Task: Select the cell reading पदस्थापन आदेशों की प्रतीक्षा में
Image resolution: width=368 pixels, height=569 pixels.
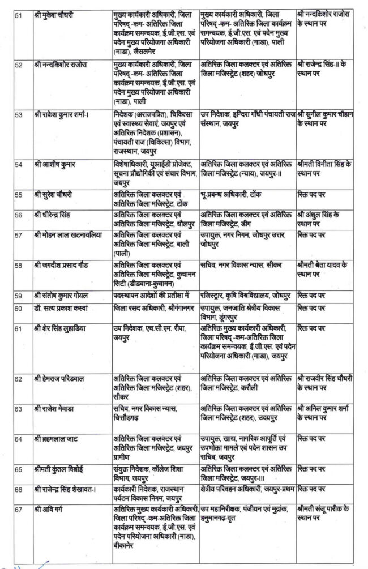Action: click(151, 295)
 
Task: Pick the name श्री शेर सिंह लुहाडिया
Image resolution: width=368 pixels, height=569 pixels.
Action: click(62, 328)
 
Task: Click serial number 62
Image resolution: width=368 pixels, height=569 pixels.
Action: click(19, 378)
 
